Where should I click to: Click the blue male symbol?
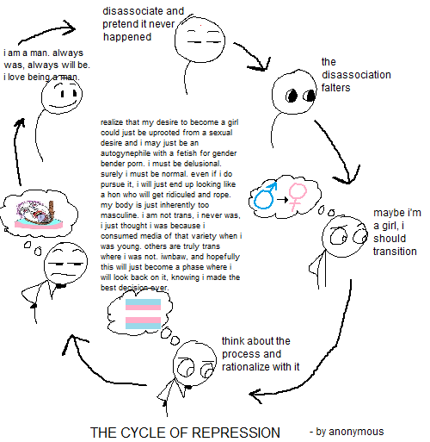click(x=265, y=196)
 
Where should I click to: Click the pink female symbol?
click(x=298, y=197)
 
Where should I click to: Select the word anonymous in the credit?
click(x=356, y=432)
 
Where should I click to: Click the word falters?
click(x=335, y=88)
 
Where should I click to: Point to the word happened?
click(x=127, y=37)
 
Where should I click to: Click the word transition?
click(x=395, y=252)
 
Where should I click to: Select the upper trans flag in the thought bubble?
click(x=143, y=304)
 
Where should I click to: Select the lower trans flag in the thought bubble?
click(x=143, y=323)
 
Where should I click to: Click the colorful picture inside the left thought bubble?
click(x=39, y=215)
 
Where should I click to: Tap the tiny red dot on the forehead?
click(x=200, y=26)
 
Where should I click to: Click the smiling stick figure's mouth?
click(x=62, y=104)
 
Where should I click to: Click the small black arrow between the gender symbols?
click(x=282, y=199)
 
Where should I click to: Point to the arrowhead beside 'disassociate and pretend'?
click(x=69, y=28)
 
